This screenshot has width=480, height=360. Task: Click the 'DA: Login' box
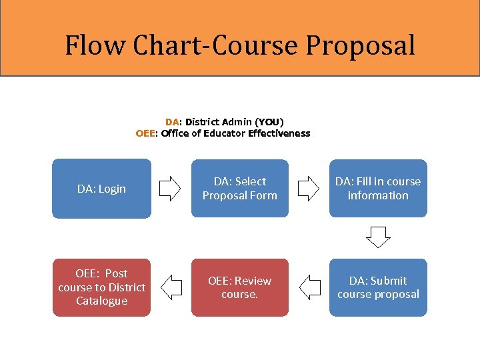click(102, 189)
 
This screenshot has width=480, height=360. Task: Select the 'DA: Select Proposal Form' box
click(240, 189)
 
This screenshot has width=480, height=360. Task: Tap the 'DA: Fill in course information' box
click(378, 189)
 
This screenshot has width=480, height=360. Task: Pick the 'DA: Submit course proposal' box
click(378, 287)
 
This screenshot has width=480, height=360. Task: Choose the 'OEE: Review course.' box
click(240, 287)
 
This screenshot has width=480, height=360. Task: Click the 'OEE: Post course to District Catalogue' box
click(102, 287)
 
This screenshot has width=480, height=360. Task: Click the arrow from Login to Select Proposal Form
click(170, 189)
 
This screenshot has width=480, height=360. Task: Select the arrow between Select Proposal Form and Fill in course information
click(308, 189)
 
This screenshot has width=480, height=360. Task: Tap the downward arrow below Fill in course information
click(379, 237)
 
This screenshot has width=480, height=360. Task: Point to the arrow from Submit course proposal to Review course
click(310, 287)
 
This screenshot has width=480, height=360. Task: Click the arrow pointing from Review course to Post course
click(172, 287)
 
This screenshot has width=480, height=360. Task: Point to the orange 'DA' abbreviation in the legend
click(172, 122)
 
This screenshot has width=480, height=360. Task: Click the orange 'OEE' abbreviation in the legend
click(145, 133)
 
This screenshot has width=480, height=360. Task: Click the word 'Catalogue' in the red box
click(102, 301)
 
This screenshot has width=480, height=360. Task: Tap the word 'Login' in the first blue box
click(111, 189)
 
